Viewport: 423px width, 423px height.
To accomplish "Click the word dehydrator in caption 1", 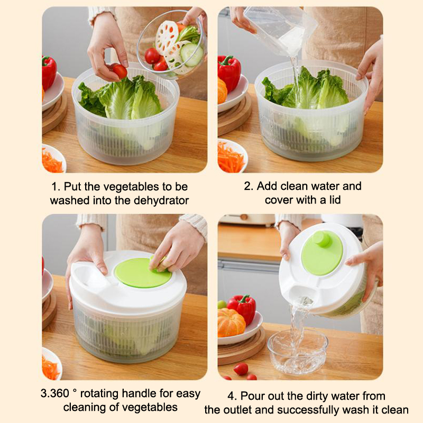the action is click(x=161, y=201).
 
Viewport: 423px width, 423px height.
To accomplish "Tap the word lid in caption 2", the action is click(x=335, y=200).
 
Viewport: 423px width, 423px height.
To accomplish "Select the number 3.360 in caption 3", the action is click(x=55, y=393).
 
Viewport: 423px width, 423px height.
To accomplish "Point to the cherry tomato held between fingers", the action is click(x=119, y=71).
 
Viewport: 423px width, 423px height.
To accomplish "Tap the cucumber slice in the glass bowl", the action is click(x=191, y=55).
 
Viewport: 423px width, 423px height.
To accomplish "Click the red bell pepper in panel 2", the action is click(x=229, y=73).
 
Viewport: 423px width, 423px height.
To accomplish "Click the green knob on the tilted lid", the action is click(x=321, y=239).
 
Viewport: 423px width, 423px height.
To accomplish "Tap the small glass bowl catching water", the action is click(x=298, y=352).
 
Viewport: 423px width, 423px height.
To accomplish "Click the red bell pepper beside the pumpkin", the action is click(x=242, y=308).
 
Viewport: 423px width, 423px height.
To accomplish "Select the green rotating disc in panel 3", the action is click(x=143, y=273).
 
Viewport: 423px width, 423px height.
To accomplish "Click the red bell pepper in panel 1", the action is click(x=49, y=73).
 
